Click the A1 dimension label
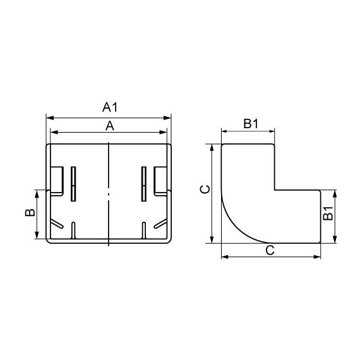click(x=110, y=107)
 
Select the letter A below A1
click(x=110, y=126)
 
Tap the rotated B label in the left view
click(x=30, y=213)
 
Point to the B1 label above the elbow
click(x=251, y=124)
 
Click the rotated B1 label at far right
click(x=328, y=213)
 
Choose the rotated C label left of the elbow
click(x=205, y=189)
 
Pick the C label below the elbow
click(x=270, y=250)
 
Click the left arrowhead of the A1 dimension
click(x=50, y=118)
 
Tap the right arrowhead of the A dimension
click(x=163, y=132)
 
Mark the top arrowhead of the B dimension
click(x=37, y=194)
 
